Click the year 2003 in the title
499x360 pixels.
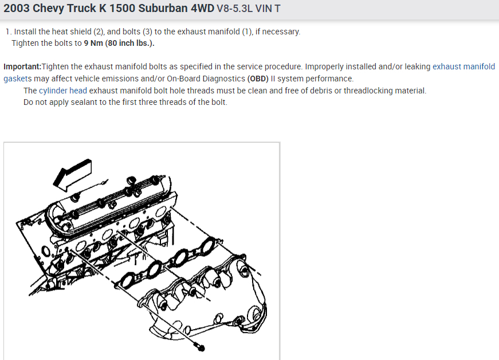point(16,8)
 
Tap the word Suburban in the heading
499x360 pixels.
point(163,8)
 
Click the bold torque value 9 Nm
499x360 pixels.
point(93,43)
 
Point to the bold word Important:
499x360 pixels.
point(22,67)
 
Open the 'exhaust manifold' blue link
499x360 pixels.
point(463,66)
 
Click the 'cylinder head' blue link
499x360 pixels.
point(62,91)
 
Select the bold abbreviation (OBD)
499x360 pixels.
point(258,79)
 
